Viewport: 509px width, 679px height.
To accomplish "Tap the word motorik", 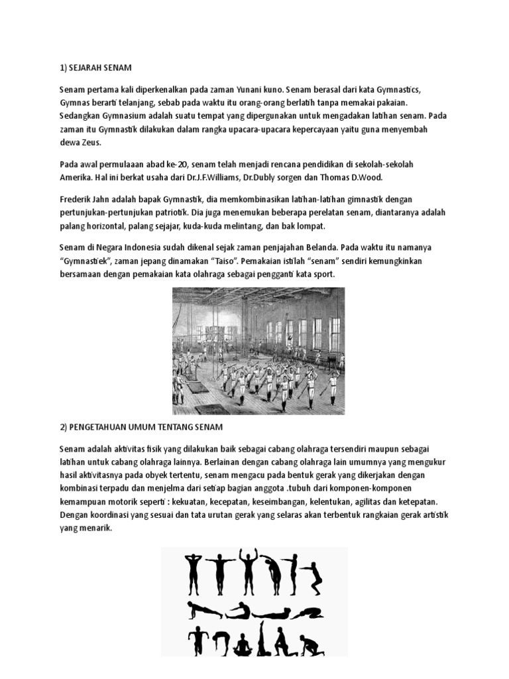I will click(x=143, y=502).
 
